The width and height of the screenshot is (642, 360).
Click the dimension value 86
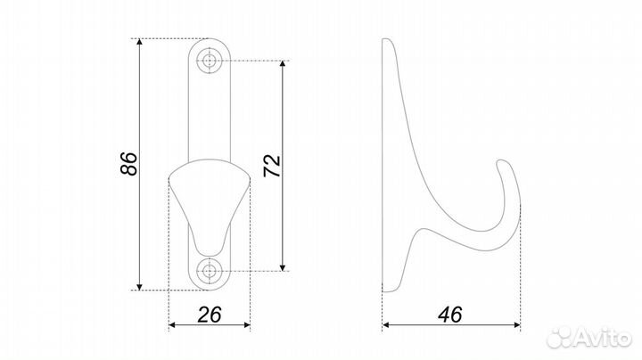pyautogui.click(x=129, y=164)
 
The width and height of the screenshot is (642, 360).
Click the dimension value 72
pyautogui.click(x=272, y=166)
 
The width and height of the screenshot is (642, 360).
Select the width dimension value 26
pyautogui.click(x=210, y=315)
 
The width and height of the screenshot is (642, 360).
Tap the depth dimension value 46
pyautogui.click(x=449, y=315)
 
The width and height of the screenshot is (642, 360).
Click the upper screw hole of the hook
pyautogui.click(x=210, y=61)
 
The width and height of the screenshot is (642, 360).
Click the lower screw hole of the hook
pyautogui.click(x=210, y=271)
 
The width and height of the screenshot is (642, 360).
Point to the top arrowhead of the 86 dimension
pyautogui.click(x=140, y=42)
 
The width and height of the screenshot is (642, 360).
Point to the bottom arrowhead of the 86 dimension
pyautogui.click(x=140, y=287)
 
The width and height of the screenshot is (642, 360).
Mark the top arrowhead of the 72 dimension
pyautogui.click(x=283, y=64)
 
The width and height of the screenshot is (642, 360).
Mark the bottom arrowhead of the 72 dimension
pyautogui.click(x=283, y=267)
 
